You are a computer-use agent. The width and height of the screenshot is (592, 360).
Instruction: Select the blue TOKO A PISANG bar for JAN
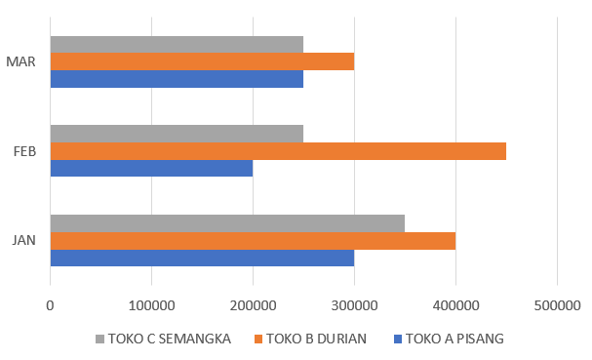[202, 258]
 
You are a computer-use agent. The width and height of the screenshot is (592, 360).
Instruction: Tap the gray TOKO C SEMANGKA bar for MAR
[177, 44]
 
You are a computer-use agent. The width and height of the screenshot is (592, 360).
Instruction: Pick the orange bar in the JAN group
[253, 240]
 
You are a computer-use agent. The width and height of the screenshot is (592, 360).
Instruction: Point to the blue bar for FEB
[151, 169]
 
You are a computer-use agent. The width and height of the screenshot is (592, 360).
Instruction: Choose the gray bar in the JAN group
[227, 222]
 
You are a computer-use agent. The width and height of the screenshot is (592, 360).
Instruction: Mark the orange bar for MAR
[202, 61]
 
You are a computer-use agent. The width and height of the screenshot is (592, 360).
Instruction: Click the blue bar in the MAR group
[177, 79]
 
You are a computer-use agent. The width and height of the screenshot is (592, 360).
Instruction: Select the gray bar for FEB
[177, 134]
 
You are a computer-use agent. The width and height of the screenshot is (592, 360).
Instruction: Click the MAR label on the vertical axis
[20, 61]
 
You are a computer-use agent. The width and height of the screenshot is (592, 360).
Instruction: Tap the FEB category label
[24, 151]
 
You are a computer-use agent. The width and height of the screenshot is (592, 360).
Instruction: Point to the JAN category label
[24, 240]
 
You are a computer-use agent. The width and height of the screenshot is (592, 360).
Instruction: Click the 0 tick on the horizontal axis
[50, 304]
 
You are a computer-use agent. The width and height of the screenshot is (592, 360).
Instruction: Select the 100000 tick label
[151, 304]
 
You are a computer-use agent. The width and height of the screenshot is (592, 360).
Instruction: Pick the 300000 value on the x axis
[354, 304]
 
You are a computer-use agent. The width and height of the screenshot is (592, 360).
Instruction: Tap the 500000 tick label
[557, 304]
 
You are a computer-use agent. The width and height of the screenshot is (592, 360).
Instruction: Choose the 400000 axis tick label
[455, 304]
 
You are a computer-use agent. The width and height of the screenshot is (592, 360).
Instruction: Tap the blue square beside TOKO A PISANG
[395, 340]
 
